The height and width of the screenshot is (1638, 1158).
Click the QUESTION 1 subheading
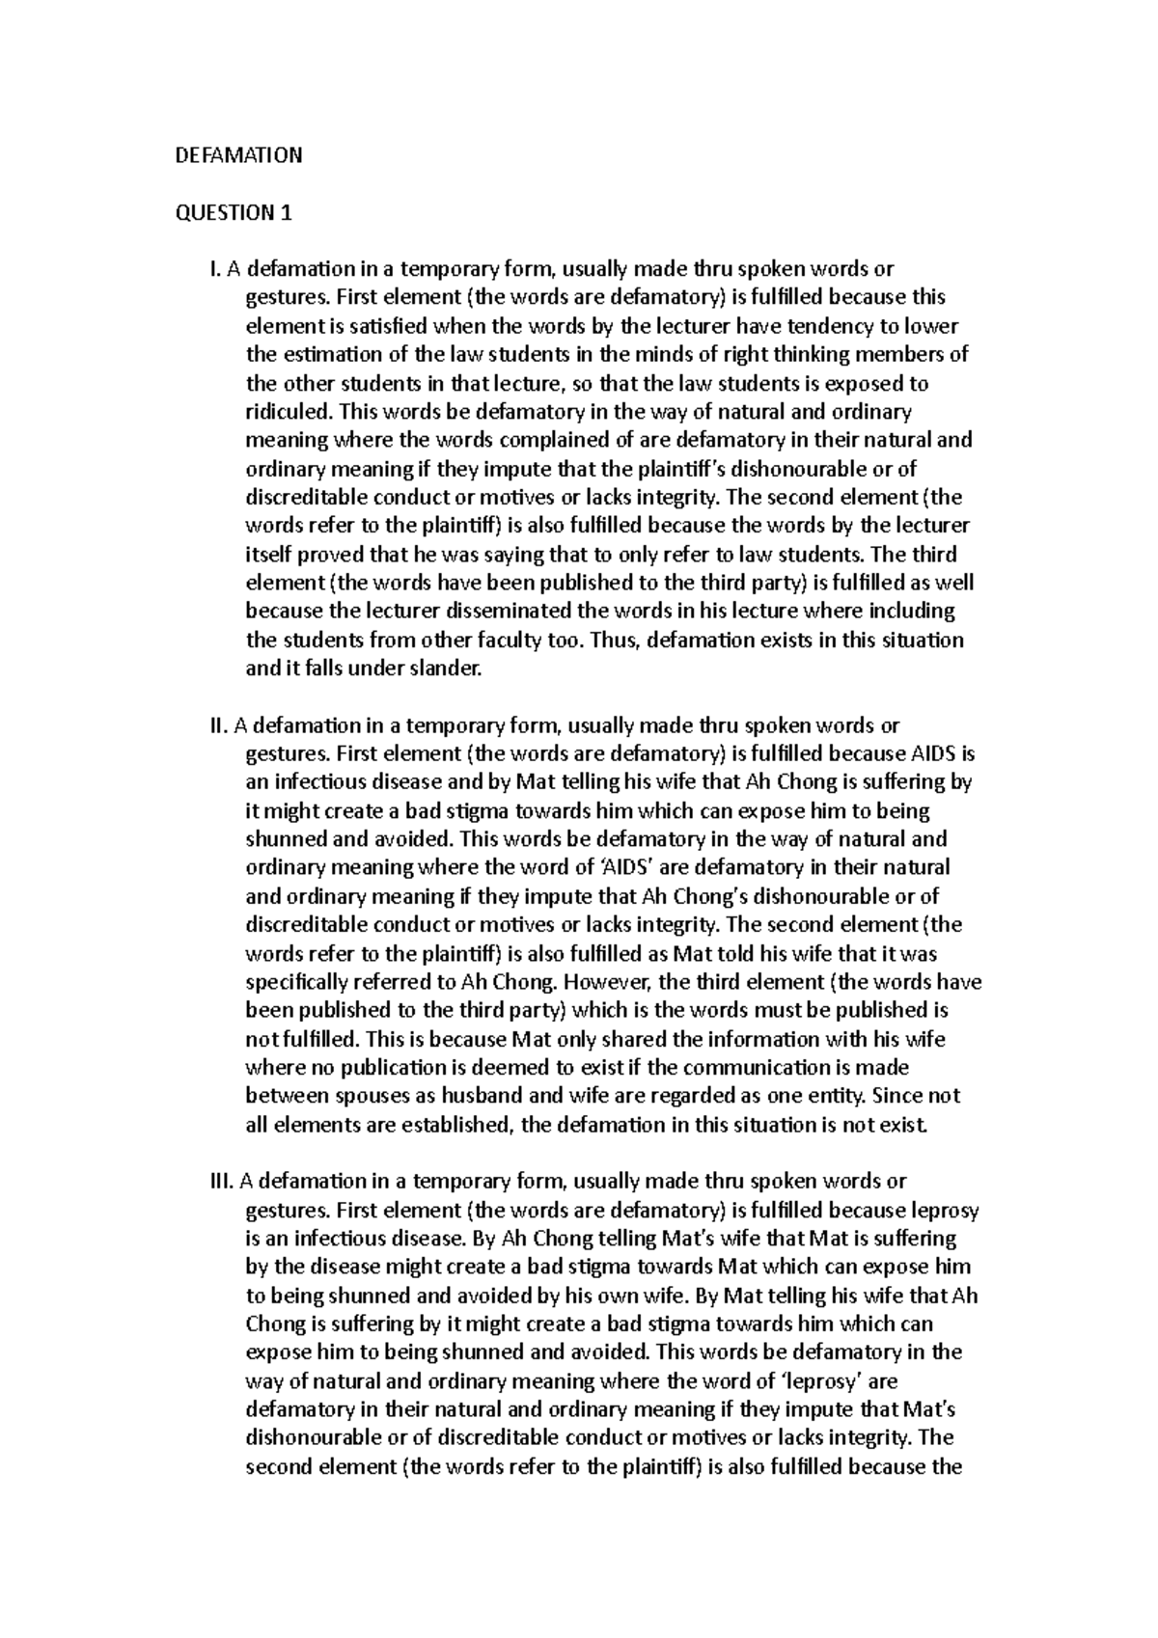233,213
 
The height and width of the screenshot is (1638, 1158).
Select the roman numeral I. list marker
216,269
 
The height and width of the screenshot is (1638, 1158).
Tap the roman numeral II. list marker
219,724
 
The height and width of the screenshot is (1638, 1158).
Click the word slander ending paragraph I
447,669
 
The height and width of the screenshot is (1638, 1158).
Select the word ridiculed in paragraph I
288,412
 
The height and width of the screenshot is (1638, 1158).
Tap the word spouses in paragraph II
362,1096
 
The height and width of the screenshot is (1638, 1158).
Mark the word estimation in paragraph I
326,355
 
